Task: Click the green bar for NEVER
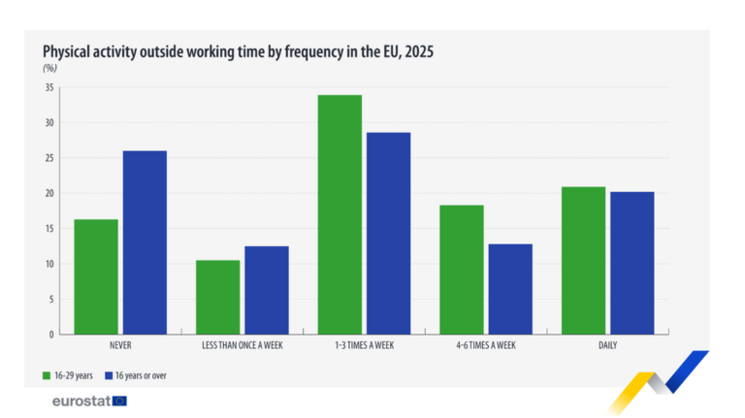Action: tap(96, 277)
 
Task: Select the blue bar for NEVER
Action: tap(145, 242)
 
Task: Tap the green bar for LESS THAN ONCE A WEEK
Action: tap(218, 298)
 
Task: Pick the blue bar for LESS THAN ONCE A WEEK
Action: tap(267, 290)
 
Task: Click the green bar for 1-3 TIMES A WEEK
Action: tap(340, 214)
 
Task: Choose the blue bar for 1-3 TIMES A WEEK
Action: tap(389, 233)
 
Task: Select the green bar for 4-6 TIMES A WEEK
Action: tap(462, 270)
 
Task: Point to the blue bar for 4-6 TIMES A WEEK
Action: tap(510, 289)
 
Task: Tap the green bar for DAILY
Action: tap(583, 261)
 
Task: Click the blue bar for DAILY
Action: tap(632, 263)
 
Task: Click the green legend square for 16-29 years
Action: tap(47, 375)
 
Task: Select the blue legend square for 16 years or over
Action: tap(109, 375)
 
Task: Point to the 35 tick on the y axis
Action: tap(49, 87)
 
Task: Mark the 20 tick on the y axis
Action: tap(49, 193)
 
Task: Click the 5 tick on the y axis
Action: tap(51, 300)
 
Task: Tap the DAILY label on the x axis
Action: tap(607, 345)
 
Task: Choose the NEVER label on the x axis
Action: tap(120, 345)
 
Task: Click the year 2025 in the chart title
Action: tap(419, 51)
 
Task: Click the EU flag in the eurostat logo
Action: tap(119, 402)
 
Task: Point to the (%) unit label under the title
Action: tap(49, 68)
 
